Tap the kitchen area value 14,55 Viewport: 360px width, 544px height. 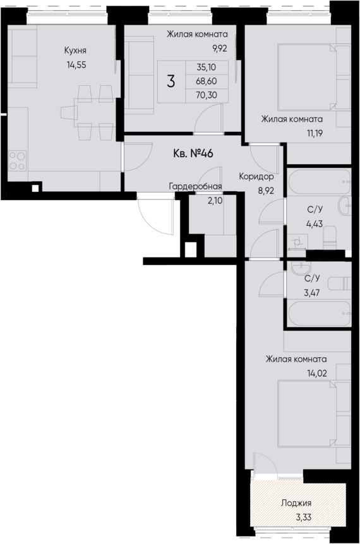point(75,63)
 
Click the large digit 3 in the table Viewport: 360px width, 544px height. point(171,81)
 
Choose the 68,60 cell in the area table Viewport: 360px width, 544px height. point(206,81)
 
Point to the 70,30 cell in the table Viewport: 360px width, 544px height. point(206,95)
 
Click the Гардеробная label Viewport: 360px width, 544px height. point(195,186)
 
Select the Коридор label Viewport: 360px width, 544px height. point(256,177)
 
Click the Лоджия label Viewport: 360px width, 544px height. point(296,504)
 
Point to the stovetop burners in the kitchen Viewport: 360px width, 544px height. point(17,161)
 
